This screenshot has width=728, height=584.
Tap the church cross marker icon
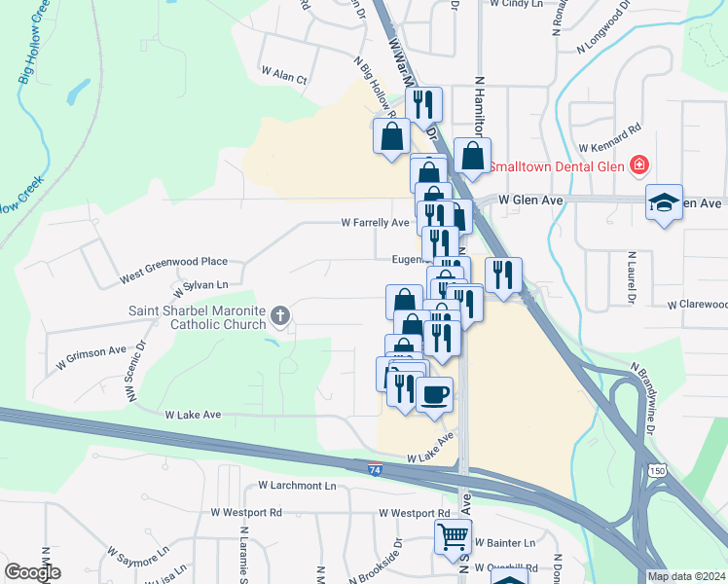280,314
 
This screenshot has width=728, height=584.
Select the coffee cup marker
434,394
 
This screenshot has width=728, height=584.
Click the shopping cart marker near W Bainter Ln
453,536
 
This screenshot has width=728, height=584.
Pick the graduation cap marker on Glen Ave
665,201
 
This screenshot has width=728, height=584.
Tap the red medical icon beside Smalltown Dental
638,165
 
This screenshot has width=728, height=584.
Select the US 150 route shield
657,471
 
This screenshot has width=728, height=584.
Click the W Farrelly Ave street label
375,223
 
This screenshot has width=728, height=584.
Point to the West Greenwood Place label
173,263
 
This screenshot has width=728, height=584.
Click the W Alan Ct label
284,75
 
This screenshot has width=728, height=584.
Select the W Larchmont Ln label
297,485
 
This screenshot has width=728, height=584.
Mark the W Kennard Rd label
609,136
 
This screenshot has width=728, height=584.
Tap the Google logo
32,572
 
